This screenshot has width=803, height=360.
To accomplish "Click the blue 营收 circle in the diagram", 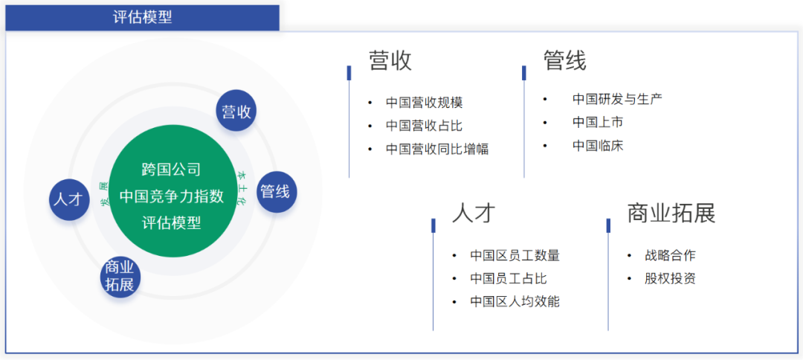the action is click(x=236, y=110).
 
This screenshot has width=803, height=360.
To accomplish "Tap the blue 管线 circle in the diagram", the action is click(x=277, y=191).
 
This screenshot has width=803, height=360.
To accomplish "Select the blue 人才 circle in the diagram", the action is click(x=69, y=199).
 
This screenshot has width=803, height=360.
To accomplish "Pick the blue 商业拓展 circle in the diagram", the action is click(x=120, y=276).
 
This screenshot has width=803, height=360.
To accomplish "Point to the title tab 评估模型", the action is click(x=142, y=17).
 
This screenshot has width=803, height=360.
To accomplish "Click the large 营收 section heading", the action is click(x=390, y=61).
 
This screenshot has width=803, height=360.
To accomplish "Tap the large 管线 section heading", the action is click(x=565, y=61).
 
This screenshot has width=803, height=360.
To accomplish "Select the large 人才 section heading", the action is click(x=474, y=213).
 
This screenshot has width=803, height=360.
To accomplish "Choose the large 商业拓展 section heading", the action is click(x=671, y=213).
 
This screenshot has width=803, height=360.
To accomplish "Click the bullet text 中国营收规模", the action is click(x=424, y=103).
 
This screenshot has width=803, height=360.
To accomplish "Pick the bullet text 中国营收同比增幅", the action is click(x=437, y=149).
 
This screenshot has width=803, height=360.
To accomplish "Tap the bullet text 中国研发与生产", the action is click(x=617, y=99).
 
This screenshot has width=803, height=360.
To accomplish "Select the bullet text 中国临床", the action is click(x=598, y=146).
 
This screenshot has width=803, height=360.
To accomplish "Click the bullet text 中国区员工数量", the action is click(x=515, y=255).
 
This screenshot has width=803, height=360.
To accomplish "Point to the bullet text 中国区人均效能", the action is click(x=515, y=301).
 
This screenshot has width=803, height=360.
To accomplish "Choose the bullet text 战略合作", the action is click(x=670, y=255).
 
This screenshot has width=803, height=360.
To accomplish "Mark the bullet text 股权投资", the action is click(x=670, y=279).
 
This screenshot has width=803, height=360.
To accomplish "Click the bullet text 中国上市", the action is click(x=598, y=122).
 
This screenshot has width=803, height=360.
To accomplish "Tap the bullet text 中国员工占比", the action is click(x=508, y=279).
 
